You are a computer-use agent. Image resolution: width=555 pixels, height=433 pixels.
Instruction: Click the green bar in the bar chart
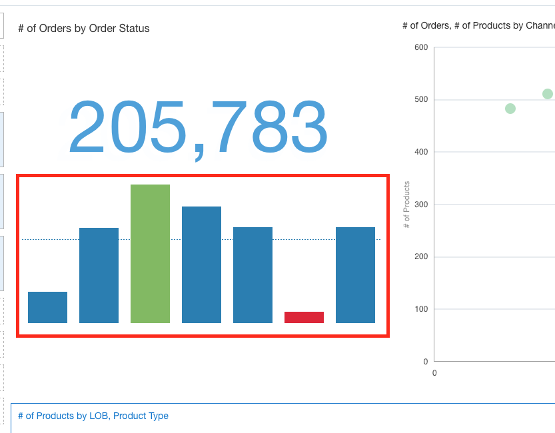click(x=150, y=254)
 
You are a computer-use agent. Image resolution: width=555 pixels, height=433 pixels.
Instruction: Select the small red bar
click(x=304, y=317)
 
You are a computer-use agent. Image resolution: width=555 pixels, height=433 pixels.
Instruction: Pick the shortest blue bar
click(x=47, y=307)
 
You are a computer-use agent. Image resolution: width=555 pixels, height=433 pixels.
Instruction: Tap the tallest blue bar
click(x=201, y=264)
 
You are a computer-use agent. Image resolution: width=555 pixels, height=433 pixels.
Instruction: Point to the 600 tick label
click(x=421, y=47)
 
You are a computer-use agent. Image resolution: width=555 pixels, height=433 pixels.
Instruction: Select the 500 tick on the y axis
click(x=421, y=99)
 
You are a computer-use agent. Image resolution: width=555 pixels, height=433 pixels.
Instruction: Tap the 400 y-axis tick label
click(x=421, y=152)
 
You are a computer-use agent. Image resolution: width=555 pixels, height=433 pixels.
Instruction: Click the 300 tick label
click(x=421, y=204)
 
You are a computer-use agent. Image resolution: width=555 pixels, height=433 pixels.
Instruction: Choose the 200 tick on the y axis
click(x=421, y=256)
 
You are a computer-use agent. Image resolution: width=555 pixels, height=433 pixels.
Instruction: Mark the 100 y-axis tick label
click(x=421, y=309)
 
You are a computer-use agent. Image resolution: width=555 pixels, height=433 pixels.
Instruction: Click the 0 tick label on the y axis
click(x=426, y=362)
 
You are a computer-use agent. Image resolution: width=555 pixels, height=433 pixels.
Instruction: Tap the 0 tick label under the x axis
click(x=434, y=373)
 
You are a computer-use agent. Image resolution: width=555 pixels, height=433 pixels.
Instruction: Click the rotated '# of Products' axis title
click(x=406, y=205)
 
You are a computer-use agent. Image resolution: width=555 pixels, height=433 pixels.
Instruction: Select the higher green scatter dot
click(x=548, y=94)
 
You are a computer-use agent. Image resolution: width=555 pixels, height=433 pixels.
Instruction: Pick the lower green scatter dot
click(x=510, y=109)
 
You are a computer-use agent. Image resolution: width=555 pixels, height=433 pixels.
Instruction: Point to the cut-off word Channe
click(x=540, y=25)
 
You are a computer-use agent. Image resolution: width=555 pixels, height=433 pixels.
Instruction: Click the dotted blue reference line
click(x=201, y=240)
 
